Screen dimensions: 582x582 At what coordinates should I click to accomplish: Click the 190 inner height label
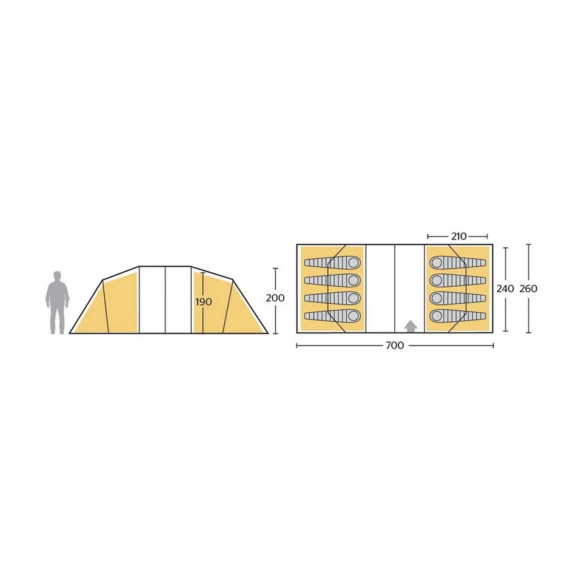point(204,302)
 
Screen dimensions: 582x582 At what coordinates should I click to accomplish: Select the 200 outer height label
point(275,298)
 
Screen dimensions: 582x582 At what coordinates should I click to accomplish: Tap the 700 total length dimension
point(395,346)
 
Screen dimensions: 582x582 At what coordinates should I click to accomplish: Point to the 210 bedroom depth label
point(458,236)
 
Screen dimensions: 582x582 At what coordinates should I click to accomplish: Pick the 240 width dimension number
point(505,289)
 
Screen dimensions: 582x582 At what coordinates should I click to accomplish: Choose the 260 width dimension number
point(528,289)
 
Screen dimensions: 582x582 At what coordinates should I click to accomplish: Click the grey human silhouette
point(57,303)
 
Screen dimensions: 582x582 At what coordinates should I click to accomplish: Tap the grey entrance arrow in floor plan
point(410,326)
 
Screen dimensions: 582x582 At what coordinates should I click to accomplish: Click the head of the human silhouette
point(57,276)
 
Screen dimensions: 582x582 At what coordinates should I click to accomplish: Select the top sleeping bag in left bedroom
point(332,263)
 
